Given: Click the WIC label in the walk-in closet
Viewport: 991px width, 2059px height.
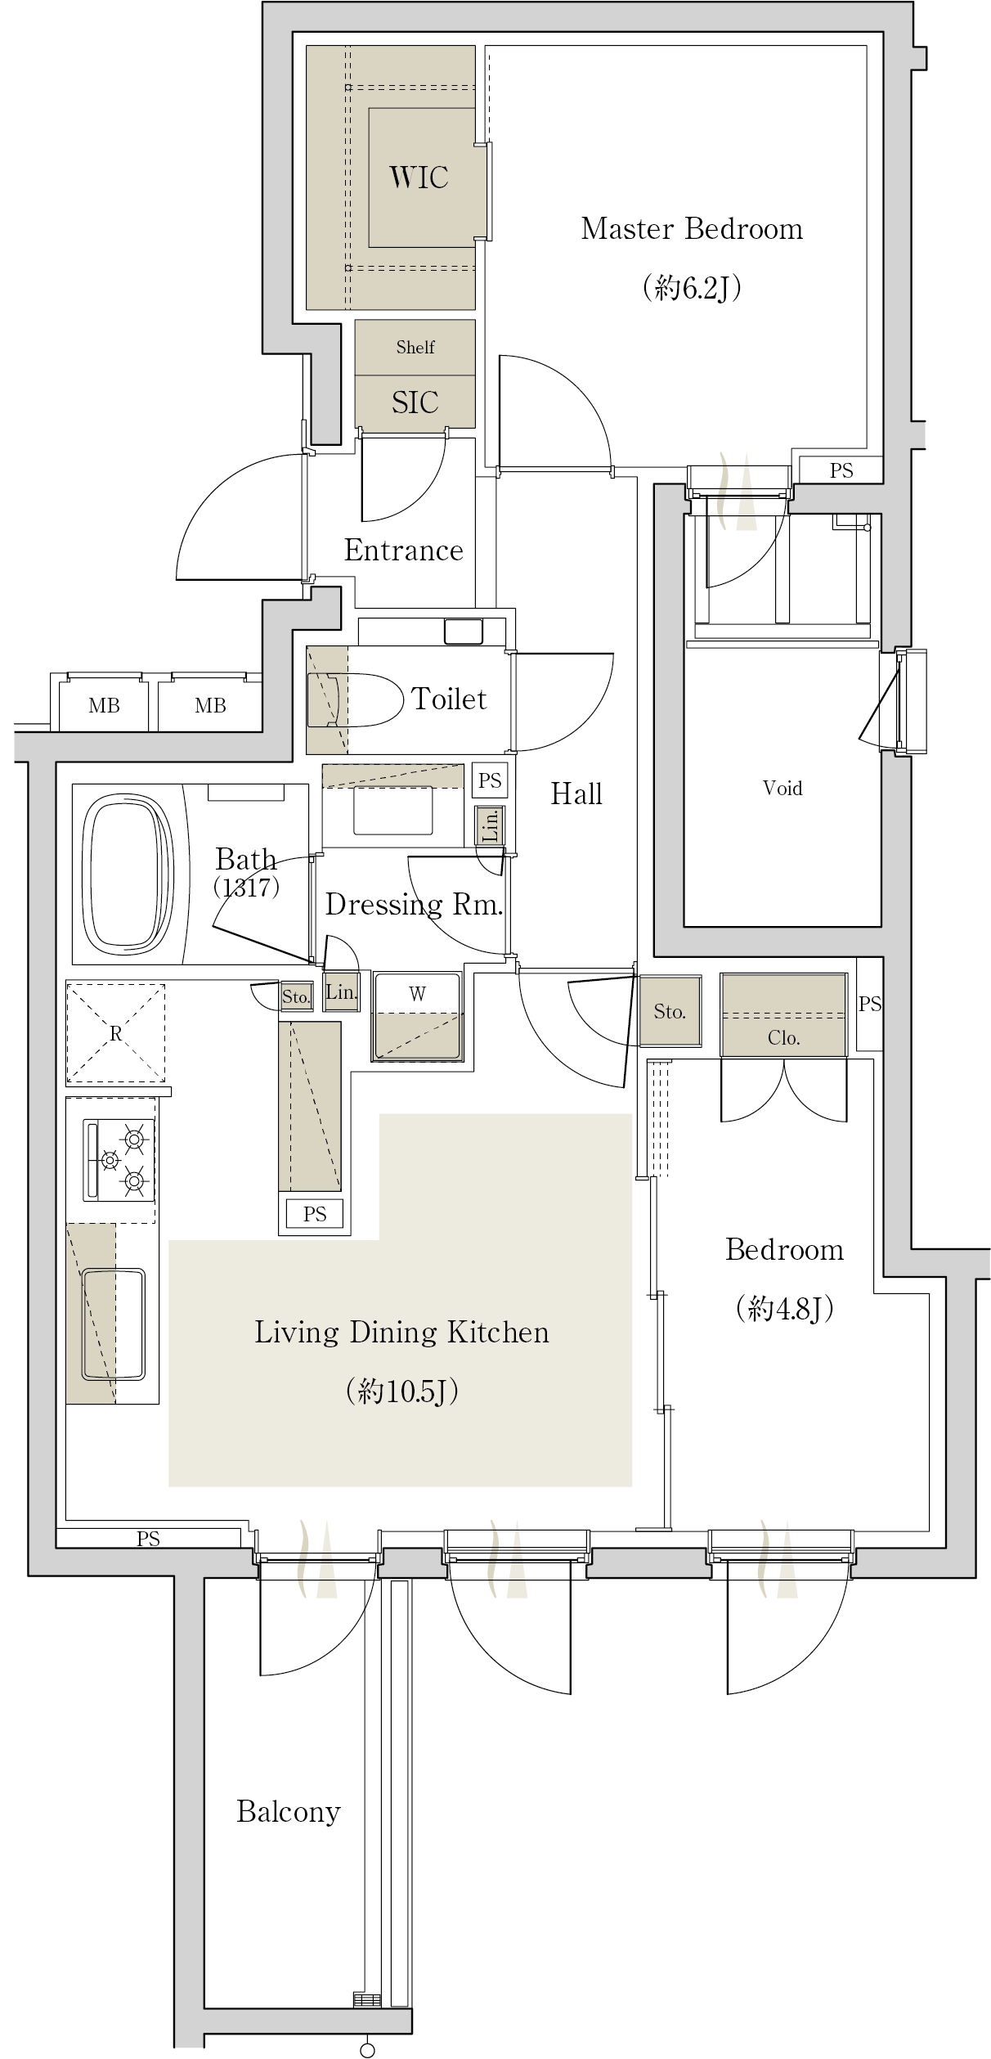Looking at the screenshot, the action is (x=419, y=178).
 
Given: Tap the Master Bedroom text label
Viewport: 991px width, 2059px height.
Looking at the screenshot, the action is (x=692, y=229).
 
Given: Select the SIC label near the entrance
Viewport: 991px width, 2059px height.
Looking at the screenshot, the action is (x=415, y=402).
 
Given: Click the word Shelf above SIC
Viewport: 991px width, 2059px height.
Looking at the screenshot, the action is (x=415, y=347).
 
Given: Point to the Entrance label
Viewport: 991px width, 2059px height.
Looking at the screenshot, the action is (x=403, y=551).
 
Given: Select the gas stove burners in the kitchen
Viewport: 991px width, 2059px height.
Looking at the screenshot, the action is (x=119, y=1159).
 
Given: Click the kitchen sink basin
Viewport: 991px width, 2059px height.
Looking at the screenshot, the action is (x=114, y=1324).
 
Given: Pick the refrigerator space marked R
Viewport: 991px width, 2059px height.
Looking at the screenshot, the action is (x=115, y=1034).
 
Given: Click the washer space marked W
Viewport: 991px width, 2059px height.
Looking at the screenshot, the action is (x=417, y=1017).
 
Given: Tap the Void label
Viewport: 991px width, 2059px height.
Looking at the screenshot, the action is (x=782, y=788).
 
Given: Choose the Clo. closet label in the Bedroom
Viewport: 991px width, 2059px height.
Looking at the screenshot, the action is (x=783, y=1038).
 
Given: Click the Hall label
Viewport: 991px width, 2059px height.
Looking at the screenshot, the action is (x=576, y=793).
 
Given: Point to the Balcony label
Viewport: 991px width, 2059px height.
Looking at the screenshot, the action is (x=289, y=1812).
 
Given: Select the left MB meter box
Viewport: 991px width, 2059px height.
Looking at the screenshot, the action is (x=104, y=705).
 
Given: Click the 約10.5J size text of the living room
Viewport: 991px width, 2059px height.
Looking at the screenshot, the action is (x=402, y=1391).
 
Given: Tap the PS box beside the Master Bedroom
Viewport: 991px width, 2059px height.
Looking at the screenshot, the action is (x=841, y=470).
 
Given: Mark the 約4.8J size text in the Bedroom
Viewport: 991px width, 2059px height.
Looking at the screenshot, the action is (x=784, y=1309).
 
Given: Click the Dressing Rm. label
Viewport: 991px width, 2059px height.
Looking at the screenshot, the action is (x=414, y=904).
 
